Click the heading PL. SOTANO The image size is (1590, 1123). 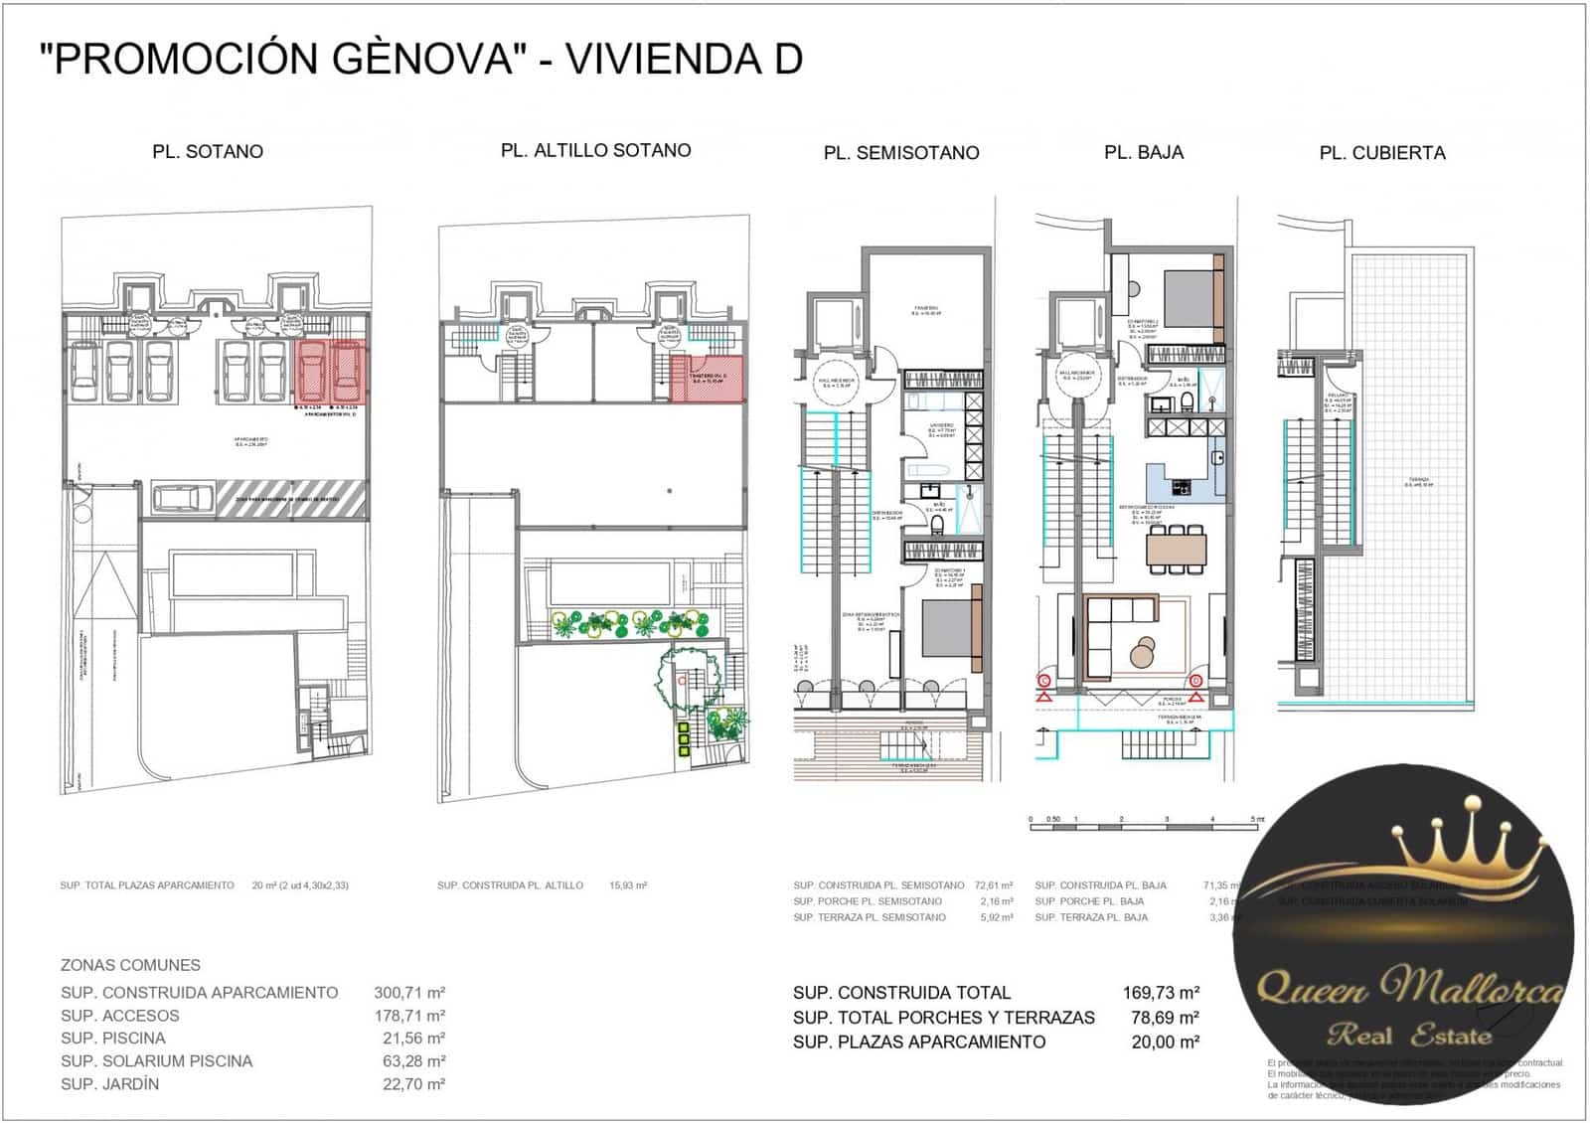pos(208,152)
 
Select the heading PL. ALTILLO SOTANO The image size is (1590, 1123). pos(595,150)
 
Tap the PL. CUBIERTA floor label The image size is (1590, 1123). pos(1381,153)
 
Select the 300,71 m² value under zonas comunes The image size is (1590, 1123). pos(408,992)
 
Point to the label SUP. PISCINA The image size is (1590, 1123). pos(113,1038)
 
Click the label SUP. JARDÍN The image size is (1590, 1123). pos(109,1084)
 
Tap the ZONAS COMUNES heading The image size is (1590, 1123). pos(130,965)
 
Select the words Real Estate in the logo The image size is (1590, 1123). pos(1409,1036)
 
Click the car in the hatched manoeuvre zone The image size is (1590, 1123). pos(182,497)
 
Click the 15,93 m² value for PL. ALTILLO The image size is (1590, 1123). pos(628,885)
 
